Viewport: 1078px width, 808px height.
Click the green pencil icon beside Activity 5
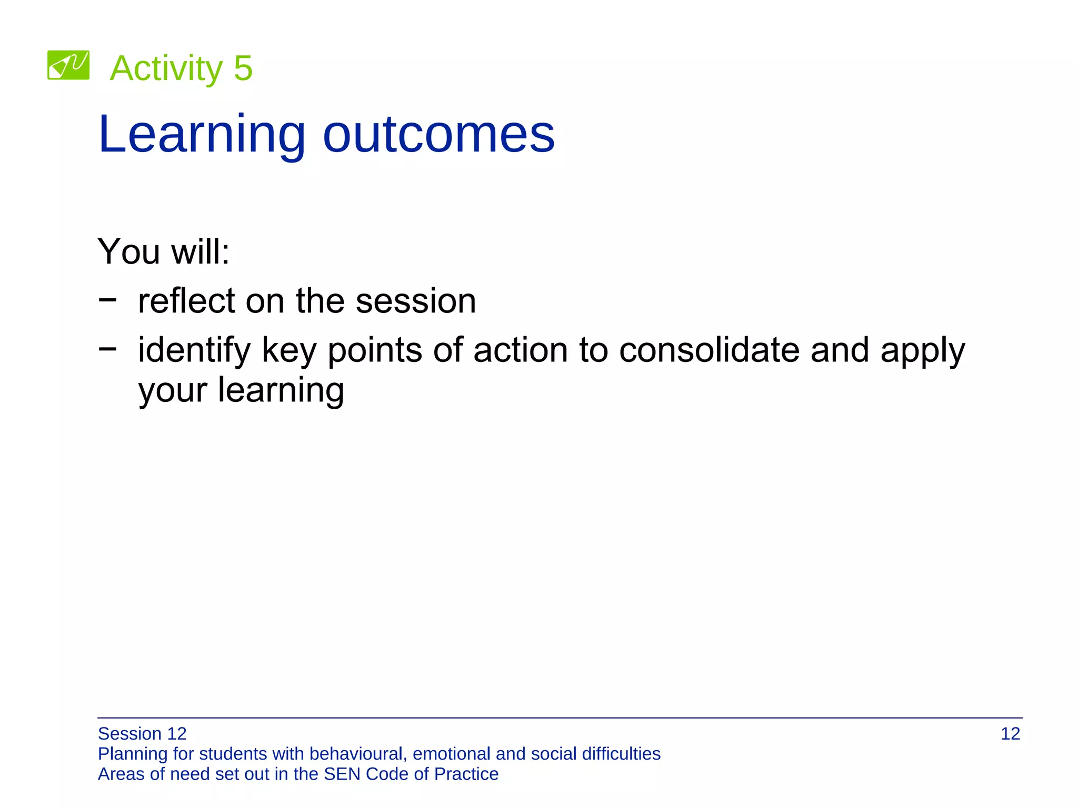point(68,65)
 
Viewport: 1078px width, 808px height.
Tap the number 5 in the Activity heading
point(243,68)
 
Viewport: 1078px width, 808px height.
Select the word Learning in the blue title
point(202,135)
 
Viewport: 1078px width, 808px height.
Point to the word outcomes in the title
point(438,135)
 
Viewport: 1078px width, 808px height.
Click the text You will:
point(164,251)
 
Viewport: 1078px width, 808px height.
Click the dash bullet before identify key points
point(107,348)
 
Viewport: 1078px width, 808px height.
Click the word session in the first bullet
point(416,301)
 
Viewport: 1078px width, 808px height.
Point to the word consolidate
point(709,350)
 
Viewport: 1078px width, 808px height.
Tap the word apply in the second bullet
point(923,351)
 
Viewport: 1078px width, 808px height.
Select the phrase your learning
point(241,390)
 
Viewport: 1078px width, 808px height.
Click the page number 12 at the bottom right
point(1010,734)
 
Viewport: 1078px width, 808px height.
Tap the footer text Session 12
point(142,734)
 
